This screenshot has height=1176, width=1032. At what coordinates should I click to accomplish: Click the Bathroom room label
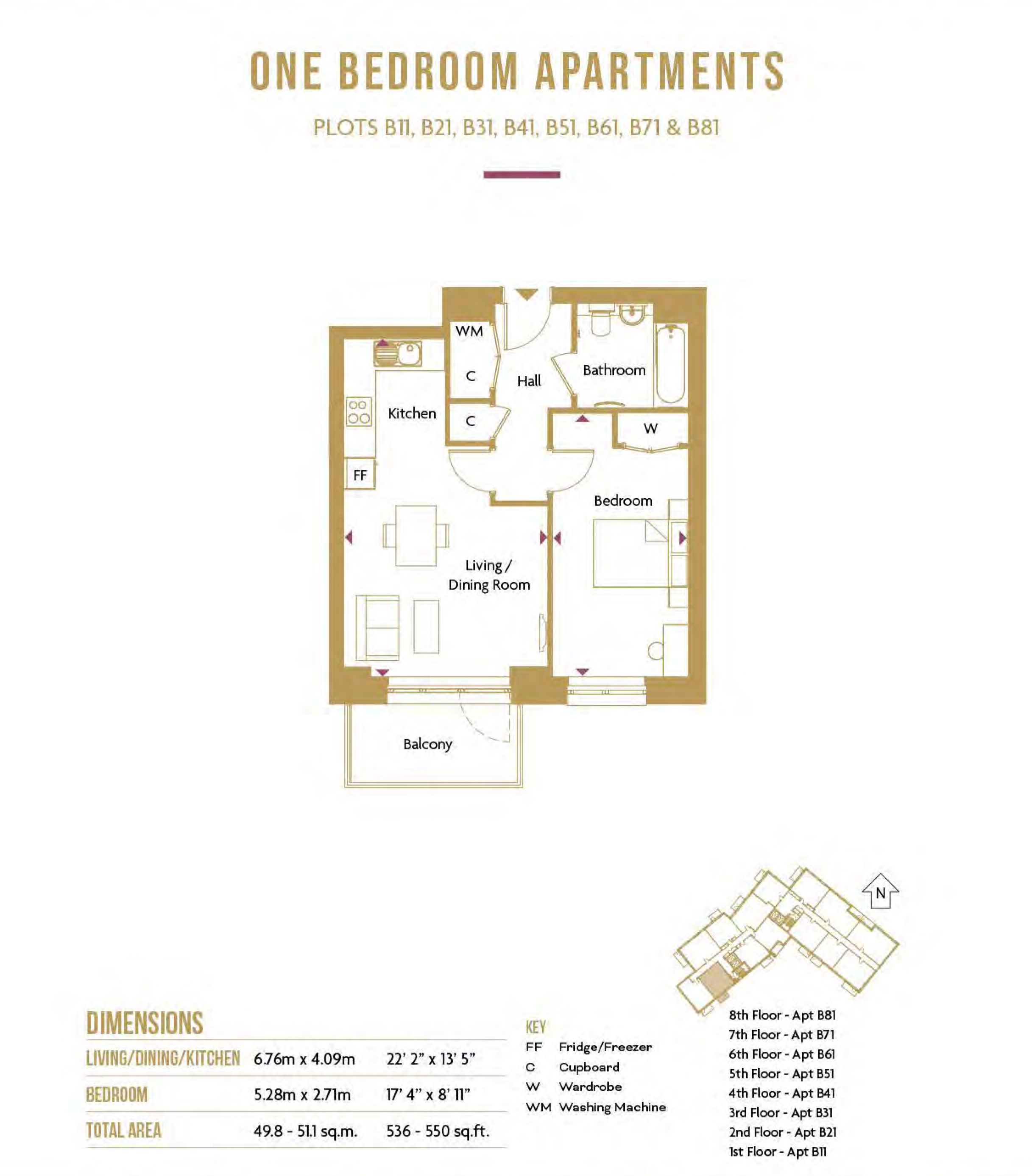click(x=614, y=370)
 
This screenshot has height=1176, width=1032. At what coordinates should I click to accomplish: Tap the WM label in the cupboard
click(x=469, y=331)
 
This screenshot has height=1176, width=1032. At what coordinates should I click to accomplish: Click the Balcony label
click(x=427, y=744)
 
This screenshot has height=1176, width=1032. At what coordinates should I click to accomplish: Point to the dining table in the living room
click(x=416, y=535)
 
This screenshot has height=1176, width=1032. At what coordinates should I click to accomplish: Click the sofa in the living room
click(x=377, y=628)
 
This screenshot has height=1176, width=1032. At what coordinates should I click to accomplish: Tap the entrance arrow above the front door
click(x=526, y=294)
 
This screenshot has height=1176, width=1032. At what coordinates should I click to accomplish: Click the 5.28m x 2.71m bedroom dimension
click(x=302, y=1094)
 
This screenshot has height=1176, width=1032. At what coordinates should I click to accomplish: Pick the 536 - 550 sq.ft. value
click(x=438, y=1131)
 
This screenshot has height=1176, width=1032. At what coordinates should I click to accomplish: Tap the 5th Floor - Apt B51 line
click(x=781, y=1074)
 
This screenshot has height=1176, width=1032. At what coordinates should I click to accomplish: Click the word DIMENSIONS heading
click(x=145, y=1023)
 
